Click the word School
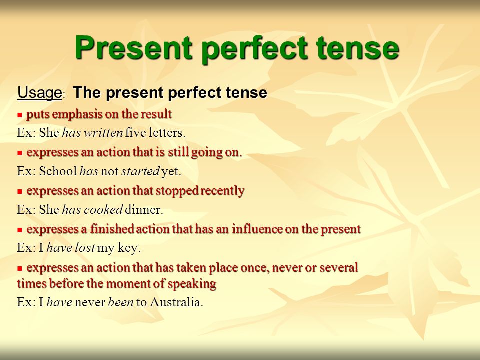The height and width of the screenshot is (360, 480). tap(58, 171)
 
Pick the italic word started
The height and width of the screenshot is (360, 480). tap(141, 171)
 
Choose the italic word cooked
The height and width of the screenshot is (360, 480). tap(103, 209)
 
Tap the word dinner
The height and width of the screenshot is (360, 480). tap(144, 210)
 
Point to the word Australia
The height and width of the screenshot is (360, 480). tap(176, 302)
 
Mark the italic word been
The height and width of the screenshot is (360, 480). tap(121, 302)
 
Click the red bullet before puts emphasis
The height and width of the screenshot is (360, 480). tap(20, 115)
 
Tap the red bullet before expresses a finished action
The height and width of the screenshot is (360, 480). tap(20, 230)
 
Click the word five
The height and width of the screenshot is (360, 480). tap(136, 133)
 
